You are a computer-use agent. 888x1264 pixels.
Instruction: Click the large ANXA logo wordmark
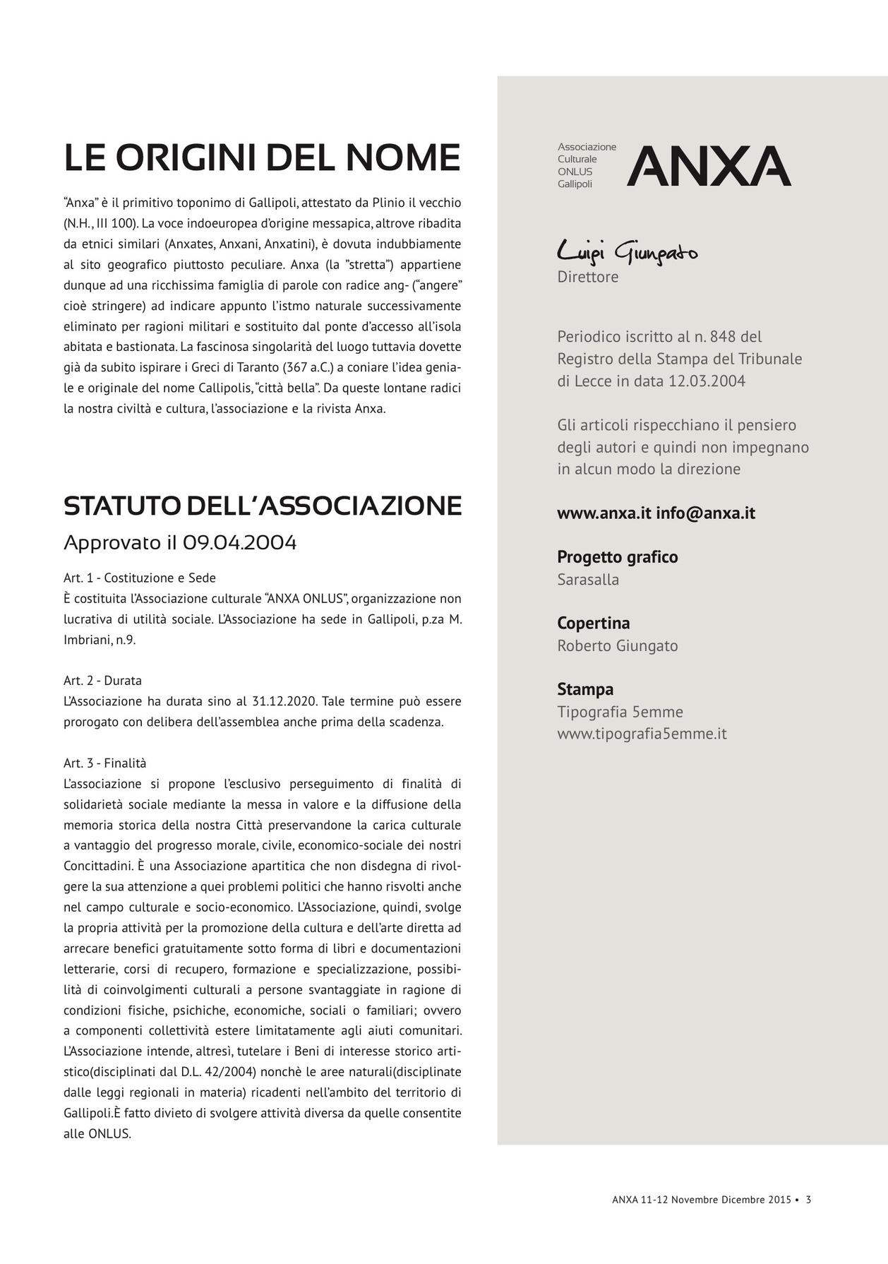coord(709,167)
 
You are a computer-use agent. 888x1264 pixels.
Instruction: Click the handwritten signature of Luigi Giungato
coord(627,252)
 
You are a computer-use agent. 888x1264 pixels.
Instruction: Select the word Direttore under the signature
coord(587,277)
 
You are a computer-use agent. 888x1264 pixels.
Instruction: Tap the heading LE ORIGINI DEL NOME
coord(262,157)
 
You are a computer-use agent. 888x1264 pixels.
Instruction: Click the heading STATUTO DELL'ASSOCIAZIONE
coord(263,506)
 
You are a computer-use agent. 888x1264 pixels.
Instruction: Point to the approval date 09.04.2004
coord(239,543)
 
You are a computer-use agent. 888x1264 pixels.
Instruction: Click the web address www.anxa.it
coord(604,513)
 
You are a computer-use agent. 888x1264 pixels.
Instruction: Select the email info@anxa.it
coord(705,513)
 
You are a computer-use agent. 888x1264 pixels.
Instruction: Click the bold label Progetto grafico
coord(617,557)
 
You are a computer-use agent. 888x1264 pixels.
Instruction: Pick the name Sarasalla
coord(588,580)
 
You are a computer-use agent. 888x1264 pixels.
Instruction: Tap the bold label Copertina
coord(593,624)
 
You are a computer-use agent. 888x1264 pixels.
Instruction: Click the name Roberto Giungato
coord(617,646)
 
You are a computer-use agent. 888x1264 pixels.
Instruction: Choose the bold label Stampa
coord(584,689)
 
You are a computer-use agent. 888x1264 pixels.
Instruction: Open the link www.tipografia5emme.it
coord(642,734)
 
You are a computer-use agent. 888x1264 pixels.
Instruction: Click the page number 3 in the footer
coord(808,1199)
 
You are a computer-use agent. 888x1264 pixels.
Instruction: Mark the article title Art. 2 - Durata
coord(102,681)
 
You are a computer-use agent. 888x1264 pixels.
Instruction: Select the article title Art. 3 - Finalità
coord(104,763)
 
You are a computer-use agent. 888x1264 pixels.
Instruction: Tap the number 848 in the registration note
coord(723,337)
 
